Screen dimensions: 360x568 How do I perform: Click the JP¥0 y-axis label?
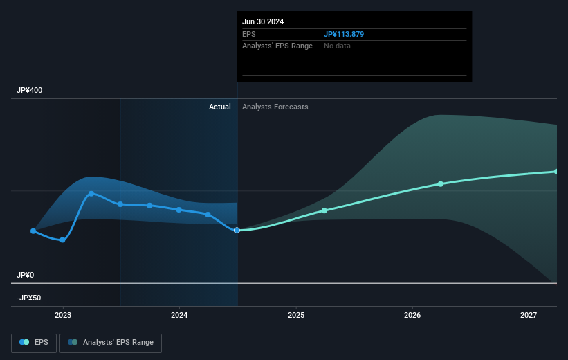[26, 275]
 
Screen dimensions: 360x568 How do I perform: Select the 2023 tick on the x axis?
[63, 316]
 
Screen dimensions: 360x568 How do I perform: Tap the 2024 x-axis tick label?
[179, 316]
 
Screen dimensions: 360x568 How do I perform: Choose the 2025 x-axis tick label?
[296, 316]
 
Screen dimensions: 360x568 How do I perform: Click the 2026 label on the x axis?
[412, 316]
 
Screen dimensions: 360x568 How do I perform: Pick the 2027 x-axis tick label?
[529, 316]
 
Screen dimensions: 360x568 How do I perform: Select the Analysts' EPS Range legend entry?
[111, 342]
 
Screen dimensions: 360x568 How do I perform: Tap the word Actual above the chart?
[220, 107]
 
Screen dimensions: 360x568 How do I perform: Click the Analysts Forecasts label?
[275, 107]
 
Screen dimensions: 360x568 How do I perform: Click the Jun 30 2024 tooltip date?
[263, 21]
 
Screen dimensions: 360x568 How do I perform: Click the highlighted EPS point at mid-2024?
[237, 230]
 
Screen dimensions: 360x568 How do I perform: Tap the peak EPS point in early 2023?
[91, 193]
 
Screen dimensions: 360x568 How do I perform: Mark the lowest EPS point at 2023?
[63, 240]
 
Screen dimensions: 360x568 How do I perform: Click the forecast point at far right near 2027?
[556, 171]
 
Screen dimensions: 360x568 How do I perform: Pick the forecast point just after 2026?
[441, 183]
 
